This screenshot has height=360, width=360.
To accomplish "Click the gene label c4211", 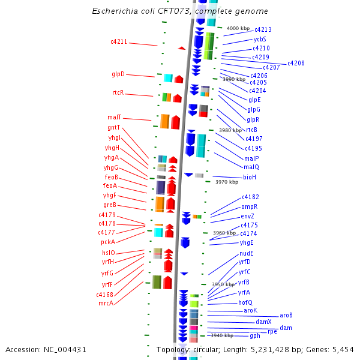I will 119,42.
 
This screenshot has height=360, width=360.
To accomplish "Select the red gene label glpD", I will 118,74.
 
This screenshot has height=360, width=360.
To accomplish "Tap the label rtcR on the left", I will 118,93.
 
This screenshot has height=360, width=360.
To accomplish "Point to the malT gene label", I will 115,118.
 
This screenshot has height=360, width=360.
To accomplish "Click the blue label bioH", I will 249,177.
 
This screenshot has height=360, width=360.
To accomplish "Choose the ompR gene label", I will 249,206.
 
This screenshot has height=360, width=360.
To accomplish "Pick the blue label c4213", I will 263,29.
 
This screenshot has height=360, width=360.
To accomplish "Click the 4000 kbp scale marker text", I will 238,28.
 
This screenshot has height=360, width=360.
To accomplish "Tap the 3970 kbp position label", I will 227,182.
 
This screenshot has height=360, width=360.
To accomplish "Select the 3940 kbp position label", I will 222,335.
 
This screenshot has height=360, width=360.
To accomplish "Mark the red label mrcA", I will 106,303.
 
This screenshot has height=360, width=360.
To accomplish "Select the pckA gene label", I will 108,242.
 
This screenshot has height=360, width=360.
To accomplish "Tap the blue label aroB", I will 286,315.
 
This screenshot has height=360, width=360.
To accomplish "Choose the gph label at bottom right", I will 255,336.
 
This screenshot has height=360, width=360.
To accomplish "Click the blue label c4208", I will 296,63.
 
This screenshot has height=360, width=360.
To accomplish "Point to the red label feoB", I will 111,178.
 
